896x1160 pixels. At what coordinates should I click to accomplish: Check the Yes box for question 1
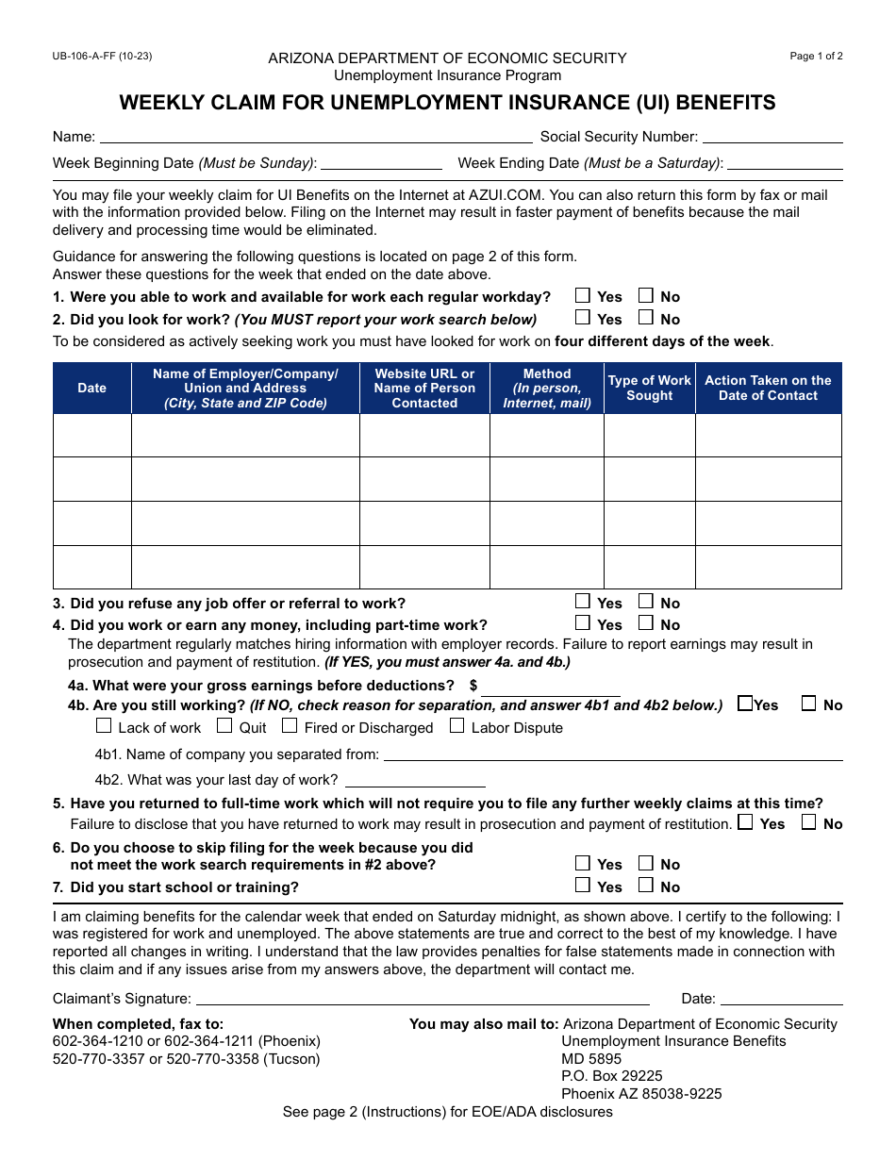coord(583,295)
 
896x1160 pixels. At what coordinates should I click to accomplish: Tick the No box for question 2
coord(646,318)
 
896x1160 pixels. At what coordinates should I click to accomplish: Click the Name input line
coord(316,137)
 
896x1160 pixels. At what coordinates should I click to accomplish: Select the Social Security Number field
coord(772,137)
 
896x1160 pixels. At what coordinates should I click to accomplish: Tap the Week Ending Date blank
coord(785,163)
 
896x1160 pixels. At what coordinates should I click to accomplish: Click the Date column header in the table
coord(92,388)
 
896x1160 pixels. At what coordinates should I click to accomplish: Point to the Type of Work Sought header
coord(649,388)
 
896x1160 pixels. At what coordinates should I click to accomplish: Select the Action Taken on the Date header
coord(768,388)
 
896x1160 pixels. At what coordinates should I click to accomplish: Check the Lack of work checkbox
coord(104,726)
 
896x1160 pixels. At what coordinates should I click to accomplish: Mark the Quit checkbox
coord(224,726)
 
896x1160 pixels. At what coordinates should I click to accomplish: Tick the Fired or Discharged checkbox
coord(290,726)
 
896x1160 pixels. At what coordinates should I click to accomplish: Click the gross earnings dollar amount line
coord(551,687)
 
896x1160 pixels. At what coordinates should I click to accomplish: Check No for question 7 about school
coord(646,886)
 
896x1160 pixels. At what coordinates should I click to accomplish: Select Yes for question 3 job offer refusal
coord(583,602)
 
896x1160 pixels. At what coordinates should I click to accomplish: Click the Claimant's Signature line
coord(423,999)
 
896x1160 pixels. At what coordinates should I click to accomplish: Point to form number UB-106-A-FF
coord(102,56)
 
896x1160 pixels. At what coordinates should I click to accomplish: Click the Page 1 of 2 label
coord(816,56)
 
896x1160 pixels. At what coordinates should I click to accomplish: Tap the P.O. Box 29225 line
coord(612,1076)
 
